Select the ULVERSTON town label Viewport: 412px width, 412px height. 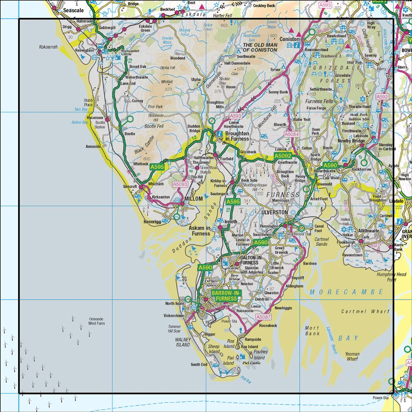tap(274, 212)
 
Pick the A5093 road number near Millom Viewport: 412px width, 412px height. tap(180, 185)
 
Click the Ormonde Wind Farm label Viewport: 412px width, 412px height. tap(96, 321)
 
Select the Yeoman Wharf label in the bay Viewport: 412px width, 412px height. tap(352, 356)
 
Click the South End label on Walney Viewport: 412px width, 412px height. tap(199, 364)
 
